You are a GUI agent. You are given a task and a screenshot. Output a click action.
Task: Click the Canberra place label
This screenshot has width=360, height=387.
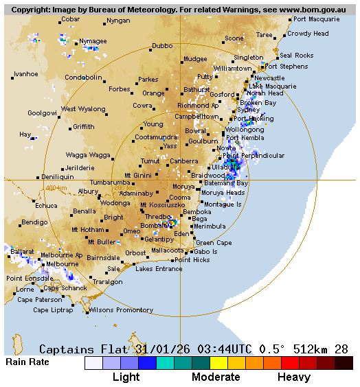pyautogui.click(x=184, y=161)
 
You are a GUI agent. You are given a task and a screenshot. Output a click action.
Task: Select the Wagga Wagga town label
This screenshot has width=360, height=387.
pyautogui.click(x=88, y=155)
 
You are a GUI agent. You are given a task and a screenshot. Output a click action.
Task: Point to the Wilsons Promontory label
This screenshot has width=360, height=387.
pyautogui.click(x=120, y=310)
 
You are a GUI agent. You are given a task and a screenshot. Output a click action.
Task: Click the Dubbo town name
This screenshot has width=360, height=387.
pyautogui.click(x=162, y=46)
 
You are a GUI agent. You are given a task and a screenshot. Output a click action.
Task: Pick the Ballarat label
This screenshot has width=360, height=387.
pyautogui.click(x=21, y=252)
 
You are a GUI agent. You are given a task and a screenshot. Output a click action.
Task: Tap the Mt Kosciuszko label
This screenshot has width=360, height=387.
pyautogui.click(x=162, y=205)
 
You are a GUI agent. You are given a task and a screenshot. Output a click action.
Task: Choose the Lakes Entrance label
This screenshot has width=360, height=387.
pyautogui.click(x=159, y=269)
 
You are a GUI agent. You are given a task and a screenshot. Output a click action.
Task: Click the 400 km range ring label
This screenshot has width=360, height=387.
pyautogui.click(x=56, y=188)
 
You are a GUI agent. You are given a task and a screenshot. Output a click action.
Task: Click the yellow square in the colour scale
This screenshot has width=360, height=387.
pyautogui.click(x=218, y=363)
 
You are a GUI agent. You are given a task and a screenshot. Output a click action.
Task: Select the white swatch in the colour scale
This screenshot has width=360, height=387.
pyautogui.click(x=93, y=363)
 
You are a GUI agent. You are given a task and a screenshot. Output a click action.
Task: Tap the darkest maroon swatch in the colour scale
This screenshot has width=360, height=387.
pyautogui.click(x=344, y=363)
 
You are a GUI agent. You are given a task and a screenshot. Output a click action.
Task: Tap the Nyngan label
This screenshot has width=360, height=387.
pyautogui.click(x=118, y=21)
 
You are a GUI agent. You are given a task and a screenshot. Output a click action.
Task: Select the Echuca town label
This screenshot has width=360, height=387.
pyautogui.click(x=46, y=205)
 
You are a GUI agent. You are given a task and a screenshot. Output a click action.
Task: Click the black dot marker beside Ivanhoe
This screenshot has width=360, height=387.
pyautogui.click(x=13, y=78)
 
